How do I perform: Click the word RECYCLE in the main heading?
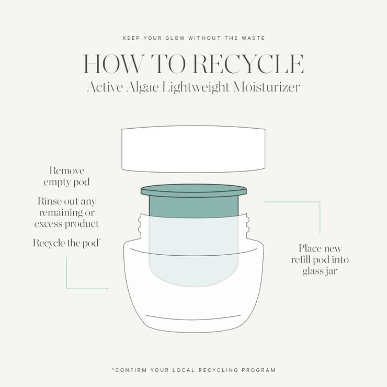[x=248, y=64]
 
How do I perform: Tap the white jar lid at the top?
[x=193, y=150]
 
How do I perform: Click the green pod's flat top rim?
[x=193, y=189]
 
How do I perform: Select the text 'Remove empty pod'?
[x=66, y=177]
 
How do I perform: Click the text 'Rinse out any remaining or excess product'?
[x=66, y=212]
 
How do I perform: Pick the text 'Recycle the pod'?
[x=66, y=243]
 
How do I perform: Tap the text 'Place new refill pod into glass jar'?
[x=320, y=260]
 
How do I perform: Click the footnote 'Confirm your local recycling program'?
[x=193, y=370]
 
